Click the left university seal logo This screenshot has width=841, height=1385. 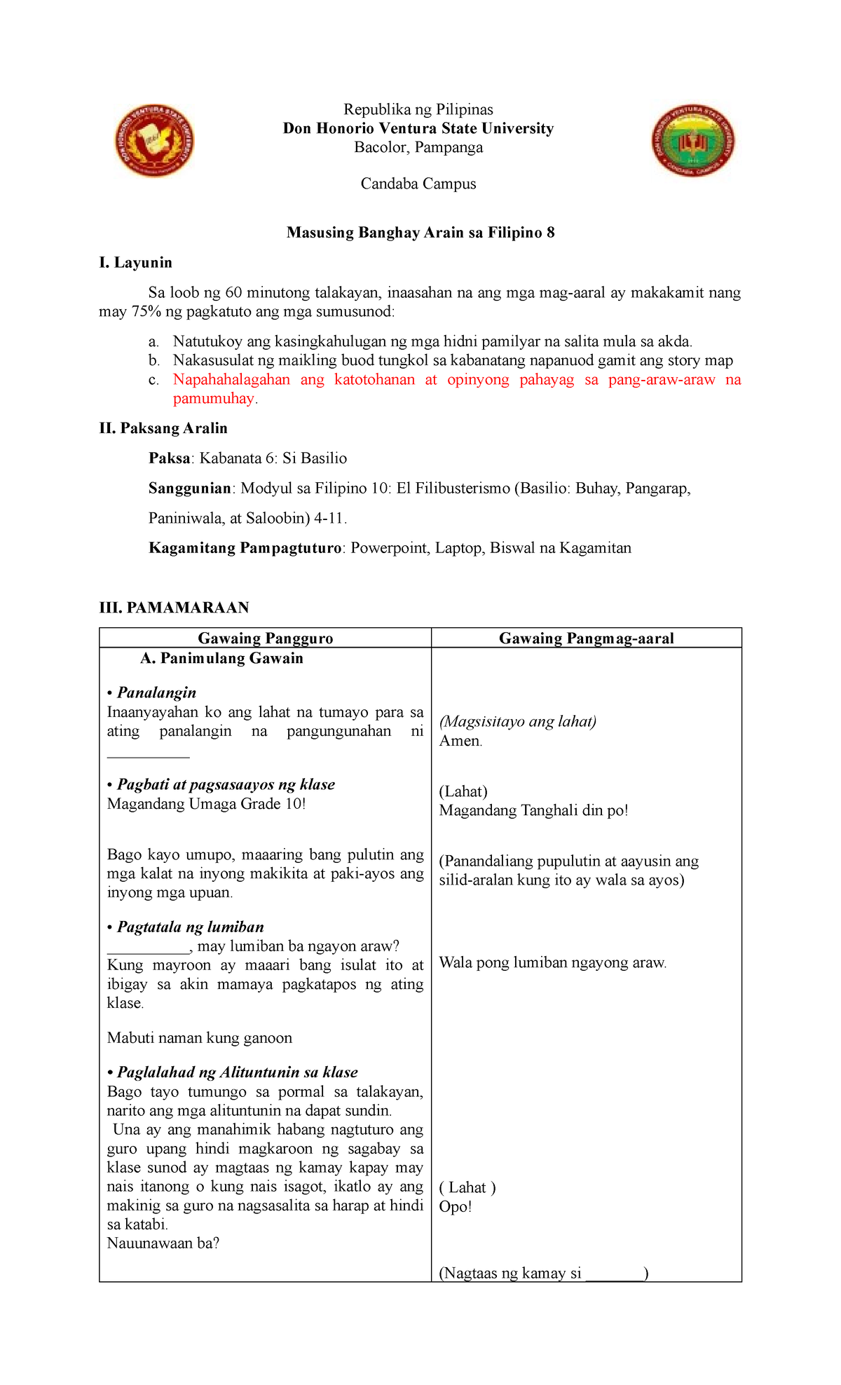tap(154, 142)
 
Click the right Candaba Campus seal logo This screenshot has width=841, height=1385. tap(692, 141)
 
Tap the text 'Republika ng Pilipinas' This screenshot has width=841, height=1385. tap(418, 109)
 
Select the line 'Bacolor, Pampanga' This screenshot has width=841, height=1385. tap(418, 147)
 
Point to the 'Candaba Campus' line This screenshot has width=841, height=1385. tap(418, 184)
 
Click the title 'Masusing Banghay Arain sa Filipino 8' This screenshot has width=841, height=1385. tap(420, 233)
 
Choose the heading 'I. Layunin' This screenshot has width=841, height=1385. tap(135, 263)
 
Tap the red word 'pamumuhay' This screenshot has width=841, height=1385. tap(214, 399)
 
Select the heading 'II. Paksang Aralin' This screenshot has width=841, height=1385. tap(163, 428)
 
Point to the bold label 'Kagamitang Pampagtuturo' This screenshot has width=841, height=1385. tap(245, 548)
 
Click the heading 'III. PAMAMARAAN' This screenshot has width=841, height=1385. tap(174, 608)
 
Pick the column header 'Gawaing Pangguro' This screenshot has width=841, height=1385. tap(265, 639)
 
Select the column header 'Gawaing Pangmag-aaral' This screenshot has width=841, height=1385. tap(586, 639)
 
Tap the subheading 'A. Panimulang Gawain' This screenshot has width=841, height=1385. tap(221, 658)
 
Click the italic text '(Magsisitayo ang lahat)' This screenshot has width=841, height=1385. tap(517, 722)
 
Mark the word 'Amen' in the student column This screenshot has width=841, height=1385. tap(459, 741)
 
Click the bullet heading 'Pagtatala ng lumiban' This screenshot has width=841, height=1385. tap(190, 927)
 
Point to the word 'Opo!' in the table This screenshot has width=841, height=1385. tap(455, 1206)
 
